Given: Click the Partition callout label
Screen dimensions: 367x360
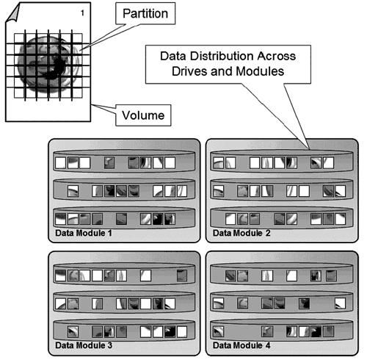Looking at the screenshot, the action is pyautogui.click(x=145, y=13).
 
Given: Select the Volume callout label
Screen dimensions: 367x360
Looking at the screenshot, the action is pyautogui.click(x=143, y=115).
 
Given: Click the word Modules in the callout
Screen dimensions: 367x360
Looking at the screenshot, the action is pyautogui.click(x=260, y=71).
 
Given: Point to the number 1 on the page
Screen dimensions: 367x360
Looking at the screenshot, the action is pyautogui.click(x=82, y=13).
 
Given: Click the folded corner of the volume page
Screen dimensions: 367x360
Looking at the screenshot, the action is pyautogui.click(x=12, y=12).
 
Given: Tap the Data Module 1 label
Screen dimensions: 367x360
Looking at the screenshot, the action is pyautogui.click(x=84, y=233).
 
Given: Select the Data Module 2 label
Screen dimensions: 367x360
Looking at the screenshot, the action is pyautogui.click(x=241, y=233).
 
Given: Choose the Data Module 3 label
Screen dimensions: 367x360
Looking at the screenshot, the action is pyautogui.click(x=84, y=345).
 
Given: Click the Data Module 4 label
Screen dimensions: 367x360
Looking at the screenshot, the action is pyautogui.click(x=241, y=345).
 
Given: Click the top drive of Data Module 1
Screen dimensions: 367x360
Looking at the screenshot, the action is pyautogui.click(x=124, y=162).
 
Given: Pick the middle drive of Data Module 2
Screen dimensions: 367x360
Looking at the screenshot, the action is pyautogui.click(x=282, y=190).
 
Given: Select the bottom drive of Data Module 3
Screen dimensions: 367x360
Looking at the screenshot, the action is pyautogui.click(x=124, y=331).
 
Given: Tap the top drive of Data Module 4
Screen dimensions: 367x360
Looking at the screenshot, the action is pyautogui.click(x=282, y=274).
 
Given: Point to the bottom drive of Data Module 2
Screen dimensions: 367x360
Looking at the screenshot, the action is pyautogui.click(x=282, y=218).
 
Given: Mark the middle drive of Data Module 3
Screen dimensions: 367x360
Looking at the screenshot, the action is pyautogui.click(x=124, y=302).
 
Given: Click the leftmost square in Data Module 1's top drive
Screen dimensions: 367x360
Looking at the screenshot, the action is pyautogui.click(x=60, y=163).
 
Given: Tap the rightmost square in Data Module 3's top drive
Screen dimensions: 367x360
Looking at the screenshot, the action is pyautogui.click(x=182, y=276).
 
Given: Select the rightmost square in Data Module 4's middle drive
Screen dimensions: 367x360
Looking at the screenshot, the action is pyautogui.click(x=340, y=303).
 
